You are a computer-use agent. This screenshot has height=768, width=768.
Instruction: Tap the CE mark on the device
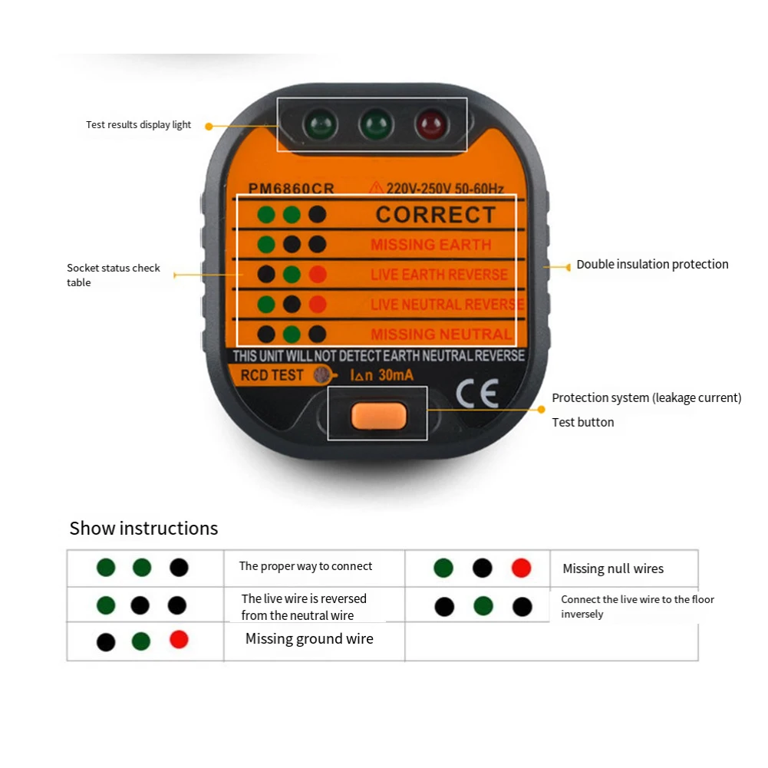coord(477,393)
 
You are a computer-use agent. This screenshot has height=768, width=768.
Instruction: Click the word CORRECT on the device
coord(435,215)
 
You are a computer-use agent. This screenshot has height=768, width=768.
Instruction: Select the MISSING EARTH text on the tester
coord(430,245)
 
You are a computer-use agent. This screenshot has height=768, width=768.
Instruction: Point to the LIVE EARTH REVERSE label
coord(439,275)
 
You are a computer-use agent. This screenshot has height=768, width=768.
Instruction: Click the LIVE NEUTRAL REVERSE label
coord(447,305)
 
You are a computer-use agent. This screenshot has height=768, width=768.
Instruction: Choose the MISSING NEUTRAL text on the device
coord(441,335)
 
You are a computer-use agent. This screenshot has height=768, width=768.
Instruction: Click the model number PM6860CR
coord(291,189)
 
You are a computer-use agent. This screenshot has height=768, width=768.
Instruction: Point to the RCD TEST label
coord(272,375)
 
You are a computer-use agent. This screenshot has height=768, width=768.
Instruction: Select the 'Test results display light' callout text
coord(138,125)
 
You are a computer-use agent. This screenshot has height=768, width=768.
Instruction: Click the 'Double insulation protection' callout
coord(652,265)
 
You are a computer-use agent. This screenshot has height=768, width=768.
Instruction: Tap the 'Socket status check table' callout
coord(113,275)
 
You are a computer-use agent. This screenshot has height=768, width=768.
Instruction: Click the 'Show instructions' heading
coord(143,529)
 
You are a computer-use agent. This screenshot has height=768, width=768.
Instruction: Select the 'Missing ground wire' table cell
coord(309,639)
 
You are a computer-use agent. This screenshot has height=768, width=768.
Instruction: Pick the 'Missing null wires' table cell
coord(612,569)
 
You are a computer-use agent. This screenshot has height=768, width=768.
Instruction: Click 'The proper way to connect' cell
coord(305,566)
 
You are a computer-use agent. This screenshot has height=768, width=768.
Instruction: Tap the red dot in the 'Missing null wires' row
coord(521,568)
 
